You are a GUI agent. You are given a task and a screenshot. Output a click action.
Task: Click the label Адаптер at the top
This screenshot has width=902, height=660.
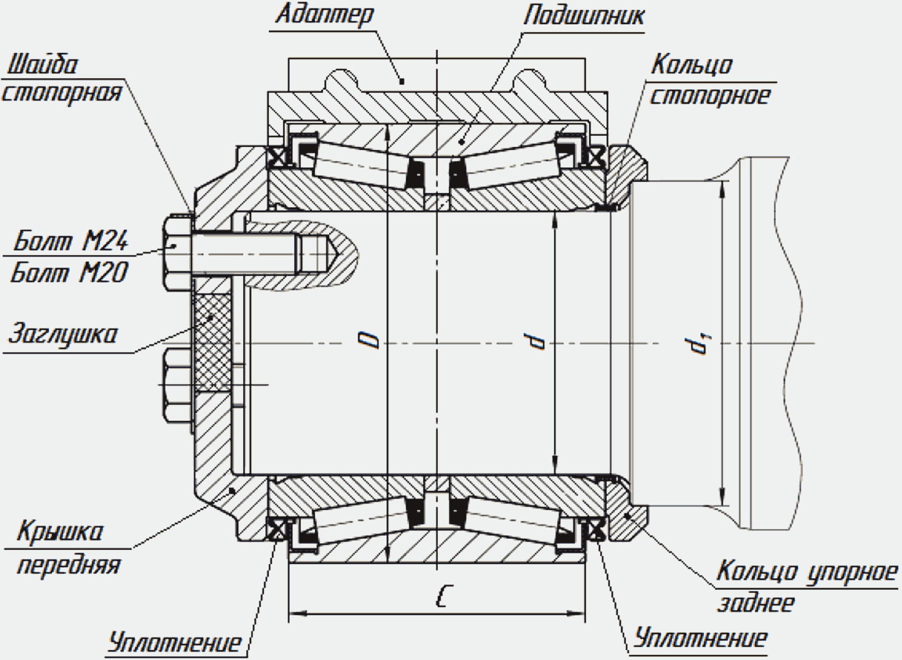[325, 15]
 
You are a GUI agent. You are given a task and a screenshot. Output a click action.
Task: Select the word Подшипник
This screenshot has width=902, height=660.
[583, 16]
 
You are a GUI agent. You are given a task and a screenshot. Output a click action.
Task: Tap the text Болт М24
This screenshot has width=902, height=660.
[71, 240]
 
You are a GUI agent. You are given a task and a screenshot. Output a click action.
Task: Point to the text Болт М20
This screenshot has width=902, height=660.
[69, 272]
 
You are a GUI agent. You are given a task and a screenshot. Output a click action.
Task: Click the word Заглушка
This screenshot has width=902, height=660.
[63, 334]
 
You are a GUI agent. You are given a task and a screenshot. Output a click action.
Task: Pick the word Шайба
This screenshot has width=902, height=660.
[43, 65]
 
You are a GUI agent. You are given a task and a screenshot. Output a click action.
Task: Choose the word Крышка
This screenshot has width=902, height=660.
[60, 531]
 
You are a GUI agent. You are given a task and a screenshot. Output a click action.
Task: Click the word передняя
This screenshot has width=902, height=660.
[69, 565]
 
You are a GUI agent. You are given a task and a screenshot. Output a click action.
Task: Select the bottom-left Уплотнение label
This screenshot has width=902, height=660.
[175, 642]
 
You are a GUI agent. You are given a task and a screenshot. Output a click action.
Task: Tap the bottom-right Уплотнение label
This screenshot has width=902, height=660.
[700, 638]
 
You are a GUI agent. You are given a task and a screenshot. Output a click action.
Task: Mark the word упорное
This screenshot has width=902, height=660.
[852, 572]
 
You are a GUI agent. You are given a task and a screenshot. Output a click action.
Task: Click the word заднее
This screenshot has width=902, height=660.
[756, 603]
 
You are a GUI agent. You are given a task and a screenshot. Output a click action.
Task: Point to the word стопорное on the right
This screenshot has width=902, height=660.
[710, 96]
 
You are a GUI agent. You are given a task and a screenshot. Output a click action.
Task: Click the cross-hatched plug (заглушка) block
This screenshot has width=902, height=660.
[212, 342]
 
